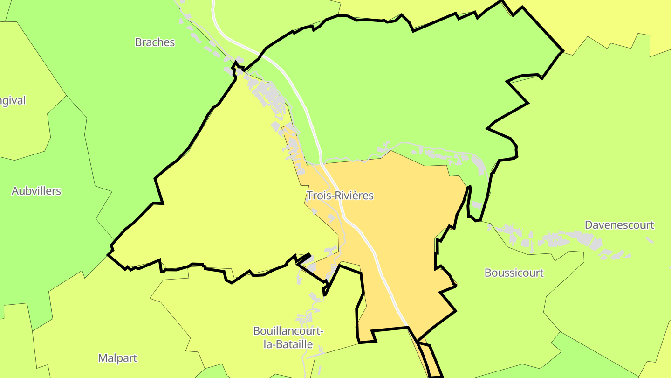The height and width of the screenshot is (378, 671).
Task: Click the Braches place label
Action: (155, 42)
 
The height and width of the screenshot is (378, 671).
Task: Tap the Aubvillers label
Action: (36, 191)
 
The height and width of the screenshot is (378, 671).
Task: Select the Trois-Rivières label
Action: (340, 196)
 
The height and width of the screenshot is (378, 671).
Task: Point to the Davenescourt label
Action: (619, 225)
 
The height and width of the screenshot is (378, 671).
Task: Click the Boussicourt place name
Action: (514, 273)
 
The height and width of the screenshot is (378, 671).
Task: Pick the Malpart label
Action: (117, 358)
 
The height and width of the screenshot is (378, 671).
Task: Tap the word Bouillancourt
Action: (288, 331)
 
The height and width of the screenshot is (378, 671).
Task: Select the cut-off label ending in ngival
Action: (13, 101)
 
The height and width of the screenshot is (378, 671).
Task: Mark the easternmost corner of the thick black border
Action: (563, 51)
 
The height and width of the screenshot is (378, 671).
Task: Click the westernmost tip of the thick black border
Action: (108, 254)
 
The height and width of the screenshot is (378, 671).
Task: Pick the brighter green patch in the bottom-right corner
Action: (606, 355)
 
